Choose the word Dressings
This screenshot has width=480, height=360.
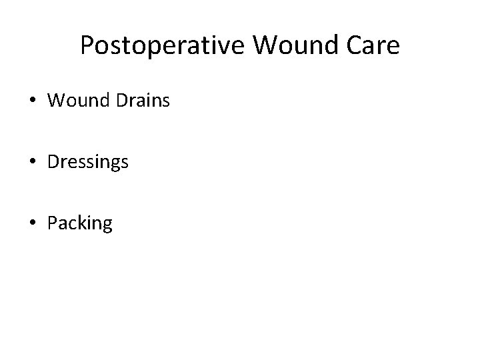tap(88, 163)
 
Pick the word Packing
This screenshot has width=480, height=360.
tap(80, 223)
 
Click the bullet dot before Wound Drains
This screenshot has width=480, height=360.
tap(33, 102)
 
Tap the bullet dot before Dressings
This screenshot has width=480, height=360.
tap(33, 163)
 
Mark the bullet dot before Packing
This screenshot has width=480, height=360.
tap(33, 223)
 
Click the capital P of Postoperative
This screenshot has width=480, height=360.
tap(87, 45)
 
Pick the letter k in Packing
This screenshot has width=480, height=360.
tap(82, 223)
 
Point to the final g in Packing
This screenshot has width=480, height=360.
tap(107, 225)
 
